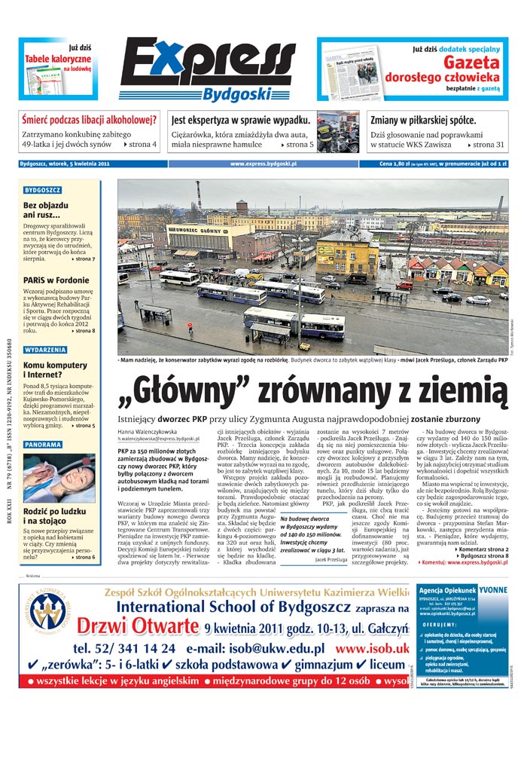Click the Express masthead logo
click(x=208, y=63)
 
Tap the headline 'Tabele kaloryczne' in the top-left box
click(x=58, y=59)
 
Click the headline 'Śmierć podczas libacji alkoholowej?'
click(x=89, y=120)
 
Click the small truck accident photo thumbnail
click(x=337, y=132)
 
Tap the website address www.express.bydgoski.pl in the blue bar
click(x=263, y=163)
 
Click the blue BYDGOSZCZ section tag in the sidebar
click(x=43, y=190)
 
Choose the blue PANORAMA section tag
click(x=43, y=445)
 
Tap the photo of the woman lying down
click(x=59, y=477)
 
